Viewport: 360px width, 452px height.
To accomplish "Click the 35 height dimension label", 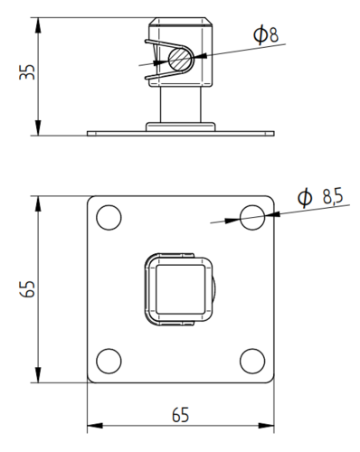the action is (x=27, y=72).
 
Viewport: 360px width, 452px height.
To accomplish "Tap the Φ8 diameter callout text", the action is (x=266, y=34).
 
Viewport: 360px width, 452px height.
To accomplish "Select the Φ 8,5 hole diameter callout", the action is (x=320, y=197).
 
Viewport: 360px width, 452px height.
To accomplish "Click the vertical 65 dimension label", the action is (x=27, y=289).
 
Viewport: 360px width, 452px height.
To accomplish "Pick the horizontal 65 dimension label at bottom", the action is (x=180, y=415).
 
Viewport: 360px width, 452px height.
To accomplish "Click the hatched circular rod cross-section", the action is (x=180, y=60).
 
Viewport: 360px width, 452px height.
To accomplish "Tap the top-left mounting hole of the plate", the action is (x=109, y=218).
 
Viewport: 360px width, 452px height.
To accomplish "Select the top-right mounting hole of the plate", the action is (x=252, y=218).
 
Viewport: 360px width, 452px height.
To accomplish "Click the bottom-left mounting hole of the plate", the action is (x=109, y=361).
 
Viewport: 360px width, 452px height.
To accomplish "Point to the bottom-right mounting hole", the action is (x=252, y=361).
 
